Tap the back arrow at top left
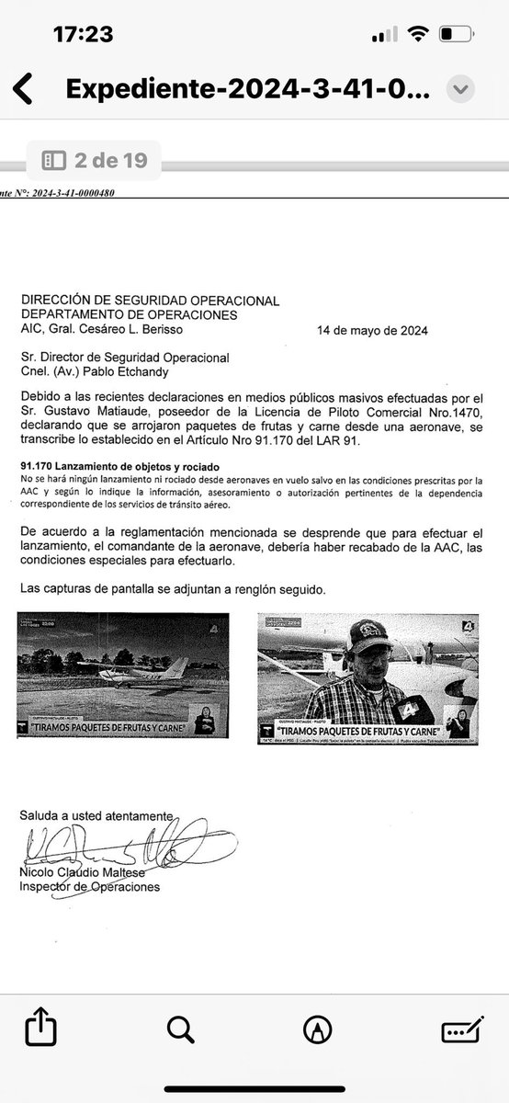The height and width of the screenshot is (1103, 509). [x=22, y=90]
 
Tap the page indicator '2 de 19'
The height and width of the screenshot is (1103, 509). [x=94, y=161]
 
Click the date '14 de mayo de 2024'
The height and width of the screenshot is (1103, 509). [x=371, y=329]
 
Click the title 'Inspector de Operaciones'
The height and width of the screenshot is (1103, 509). [x=90, y=887]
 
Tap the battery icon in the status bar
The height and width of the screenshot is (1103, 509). [x=458, y=34]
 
